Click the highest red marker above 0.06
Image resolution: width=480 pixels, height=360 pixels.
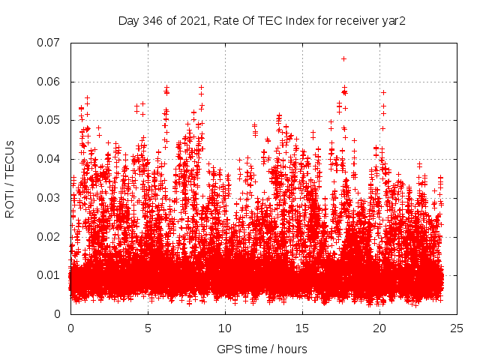click(x=343, y=58)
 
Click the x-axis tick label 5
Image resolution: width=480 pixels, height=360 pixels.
click(x=148, y=328)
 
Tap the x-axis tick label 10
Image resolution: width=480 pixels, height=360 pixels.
click(x=225, y=328)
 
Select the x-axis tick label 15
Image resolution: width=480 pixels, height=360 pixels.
click(x=302, y=328)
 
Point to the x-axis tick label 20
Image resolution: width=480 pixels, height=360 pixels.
click(x=379, y=328)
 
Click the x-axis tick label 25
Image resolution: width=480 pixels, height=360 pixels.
click(x=457, y=328)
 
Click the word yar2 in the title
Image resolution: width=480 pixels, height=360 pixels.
click(x=394, y=20)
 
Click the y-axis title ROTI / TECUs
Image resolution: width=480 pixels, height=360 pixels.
click(x=10, y=178)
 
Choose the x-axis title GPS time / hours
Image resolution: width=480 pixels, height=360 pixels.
click(x=262, y=349)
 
